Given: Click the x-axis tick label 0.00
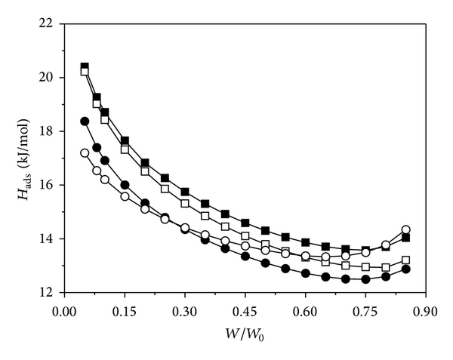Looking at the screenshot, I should point(65,310).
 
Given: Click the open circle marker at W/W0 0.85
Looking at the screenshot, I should point(405,229).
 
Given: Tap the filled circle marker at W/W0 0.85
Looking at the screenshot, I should point(405,269).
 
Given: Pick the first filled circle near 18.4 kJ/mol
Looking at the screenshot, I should point(85,121).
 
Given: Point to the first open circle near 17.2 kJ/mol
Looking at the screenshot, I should point(85,153).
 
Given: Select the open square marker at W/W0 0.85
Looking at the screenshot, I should point(405,260).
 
